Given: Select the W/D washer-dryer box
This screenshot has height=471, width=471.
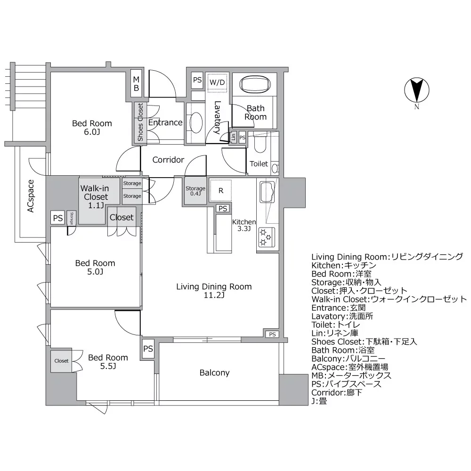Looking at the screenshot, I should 217,82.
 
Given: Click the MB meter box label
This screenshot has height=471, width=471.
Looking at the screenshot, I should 136,83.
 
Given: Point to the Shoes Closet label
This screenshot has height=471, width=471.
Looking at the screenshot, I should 140,122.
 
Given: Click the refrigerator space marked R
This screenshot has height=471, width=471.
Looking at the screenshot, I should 219,191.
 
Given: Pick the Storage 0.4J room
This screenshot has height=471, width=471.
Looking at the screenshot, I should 195,191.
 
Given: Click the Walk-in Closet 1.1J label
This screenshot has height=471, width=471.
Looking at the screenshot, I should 94,197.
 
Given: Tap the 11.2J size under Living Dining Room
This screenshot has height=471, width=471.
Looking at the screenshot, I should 214,296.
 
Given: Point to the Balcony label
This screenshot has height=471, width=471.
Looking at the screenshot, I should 214,373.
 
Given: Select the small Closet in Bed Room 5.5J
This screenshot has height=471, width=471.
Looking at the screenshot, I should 61,361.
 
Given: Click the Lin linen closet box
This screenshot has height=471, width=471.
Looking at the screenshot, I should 233,138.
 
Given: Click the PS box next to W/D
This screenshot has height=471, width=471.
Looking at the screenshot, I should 197,80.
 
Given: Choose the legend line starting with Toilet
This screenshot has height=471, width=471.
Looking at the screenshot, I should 336,325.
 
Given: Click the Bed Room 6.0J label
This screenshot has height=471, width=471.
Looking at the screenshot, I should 92,128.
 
